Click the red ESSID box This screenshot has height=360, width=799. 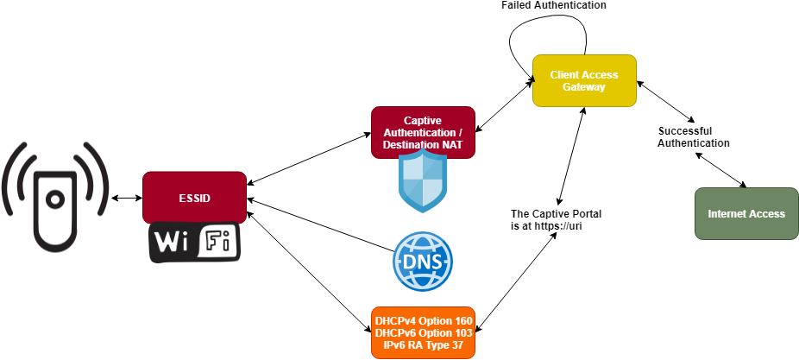(x=194, y=198)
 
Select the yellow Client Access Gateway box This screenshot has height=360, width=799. (x=584, y=80)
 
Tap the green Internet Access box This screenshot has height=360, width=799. (x=746, y=213)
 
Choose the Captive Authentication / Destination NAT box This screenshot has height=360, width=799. (x=423, y=132)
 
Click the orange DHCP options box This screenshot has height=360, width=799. (x=423, y=332)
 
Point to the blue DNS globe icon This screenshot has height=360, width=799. (x=423, y=262)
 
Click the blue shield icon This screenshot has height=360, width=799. (x=423, y=182)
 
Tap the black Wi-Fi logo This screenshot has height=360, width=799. (x=194, y=243)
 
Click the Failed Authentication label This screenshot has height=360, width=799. (x=554, y=6)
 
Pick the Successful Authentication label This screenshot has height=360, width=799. (x=693, y=136)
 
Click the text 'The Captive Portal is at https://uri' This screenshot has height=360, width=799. (x=556, y=219)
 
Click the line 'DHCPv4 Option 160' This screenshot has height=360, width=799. (x=423, y=321)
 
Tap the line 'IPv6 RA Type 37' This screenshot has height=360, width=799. (x=423, y=344)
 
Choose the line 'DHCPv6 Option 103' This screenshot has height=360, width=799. (x=423, y=333)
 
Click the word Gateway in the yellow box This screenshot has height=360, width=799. (x=584, y=87)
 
